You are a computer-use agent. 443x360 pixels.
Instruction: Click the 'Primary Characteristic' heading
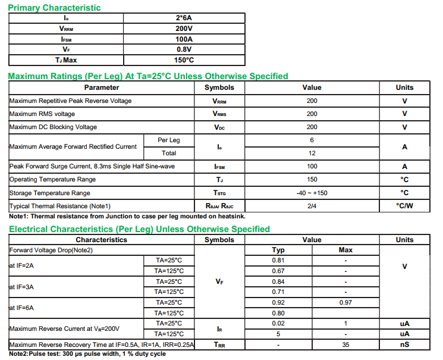point(54,8)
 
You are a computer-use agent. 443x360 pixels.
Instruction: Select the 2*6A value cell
point(184,18)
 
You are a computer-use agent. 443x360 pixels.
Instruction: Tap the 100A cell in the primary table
point(184,39)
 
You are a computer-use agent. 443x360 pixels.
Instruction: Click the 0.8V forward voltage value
point(184,49)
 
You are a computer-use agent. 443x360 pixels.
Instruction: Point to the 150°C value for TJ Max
point(184,60)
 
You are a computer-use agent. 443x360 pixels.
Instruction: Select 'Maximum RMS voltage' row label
point(42,114)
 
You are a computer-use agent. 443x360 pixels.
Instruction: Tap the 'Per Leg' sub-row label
point(168,140)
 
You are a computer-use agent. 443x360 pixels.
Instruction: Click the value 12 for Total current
point(312,154)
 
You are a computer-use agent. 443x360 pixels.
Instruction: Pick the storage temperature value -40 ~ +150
point(312,193)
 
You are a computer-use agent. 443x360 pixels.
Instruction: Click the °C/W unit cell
point(404,206)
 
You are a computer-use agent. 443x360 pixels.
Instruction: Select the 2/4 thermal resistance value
point(312,206)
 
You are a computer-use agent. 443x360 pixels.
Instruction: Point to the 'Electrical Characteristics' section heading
point(139,229)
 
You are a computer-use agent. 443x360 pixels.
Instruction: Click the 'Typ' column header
point(278,250)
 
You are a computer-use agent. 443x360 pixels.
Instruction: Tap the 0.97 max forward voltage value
point(345,302)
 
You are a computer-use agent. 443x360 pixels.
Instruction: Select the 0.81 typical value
point(278,261)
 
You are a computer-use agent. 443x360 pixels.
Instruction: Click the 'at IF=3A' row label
point(21,287)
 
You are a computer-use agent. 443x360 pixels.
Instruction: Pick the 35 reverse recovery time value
point(345,345)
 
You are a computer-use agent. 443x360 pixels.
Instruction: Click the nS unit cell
point(404,345)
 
